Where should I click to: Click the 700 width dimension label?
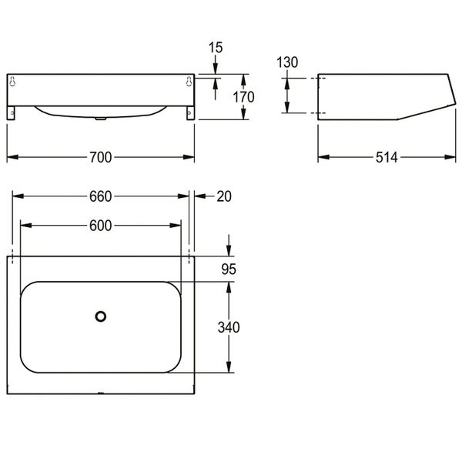(100, 157)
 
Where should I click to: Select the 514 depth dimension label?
(387, 157)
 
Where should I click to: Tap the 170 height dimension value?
(243, 97)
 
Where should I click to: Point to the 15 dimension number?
(216, 48)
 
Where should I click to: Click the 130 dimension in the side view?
(287, 62)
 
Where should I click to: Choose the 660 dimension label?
(100, 196)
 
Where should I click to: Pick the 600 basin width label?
(100, 226)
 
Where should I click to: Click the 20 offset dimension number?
(224, 196)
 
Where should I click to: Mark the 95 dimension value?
(229, 269)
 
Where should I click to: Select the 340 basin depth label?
(229, 327)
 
